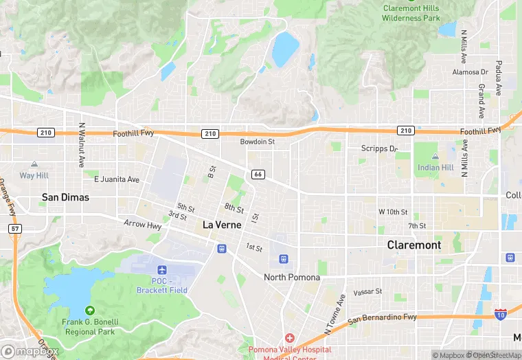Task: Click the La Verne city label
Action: point(222,225)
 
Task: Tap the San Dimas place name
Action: point(65,197)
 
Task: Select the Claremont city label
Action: point(413,245)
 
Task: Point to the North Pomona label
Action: point(293,278)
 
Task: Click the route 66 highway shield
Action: point(258,175)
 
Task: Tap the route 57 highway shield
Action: point(14,228)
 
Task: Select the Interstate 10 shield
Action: point(501,314)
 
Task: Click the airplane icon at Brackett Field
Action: point(161,270)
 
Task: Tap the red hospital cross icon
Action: point(290,338)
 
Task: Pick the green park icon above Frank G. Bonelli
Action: point(90,311)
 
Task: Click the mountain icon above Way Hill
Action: point(34,165)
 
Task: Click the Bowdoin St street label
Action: point(257,142)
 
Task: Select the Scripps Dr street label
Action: point(380,148)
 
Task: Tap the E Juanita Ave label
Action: point(117,179)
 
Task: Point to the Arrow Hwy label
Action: point(142,224)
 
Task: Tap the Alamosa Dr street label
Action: point(470,72)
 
